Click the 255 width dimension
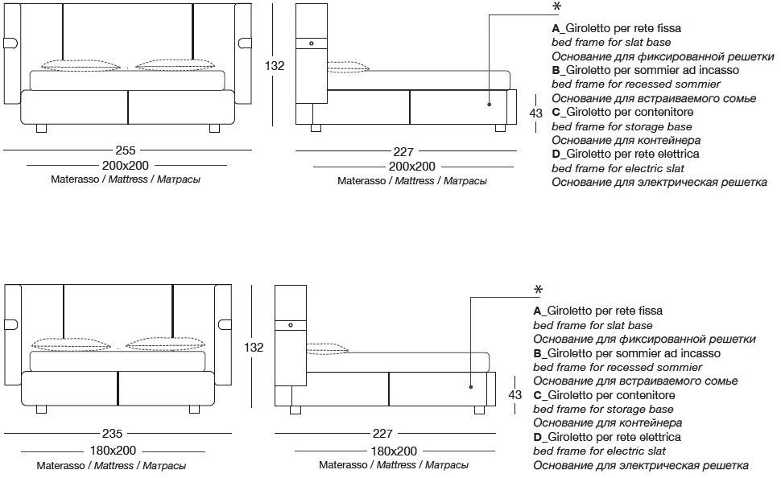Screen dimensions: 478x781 126,150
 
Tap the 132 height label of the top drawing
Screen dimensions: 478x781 275,66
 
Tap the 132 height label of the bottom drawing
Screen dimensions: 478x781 254,348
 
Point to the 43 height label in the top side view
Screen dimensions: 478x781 535,113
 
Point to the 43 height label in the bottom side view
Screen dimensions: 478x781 516,395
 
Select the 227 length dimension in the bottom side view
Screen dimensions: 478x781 383,435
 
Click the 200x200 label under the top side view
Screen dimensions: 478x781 412,167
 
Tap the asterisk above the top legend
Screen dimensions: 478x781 556,7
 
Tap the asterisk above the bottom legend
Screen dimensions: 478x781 538,290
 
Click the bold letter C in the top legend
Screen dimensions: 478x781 556,112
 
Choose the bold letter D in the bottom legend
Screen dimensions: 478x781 537,437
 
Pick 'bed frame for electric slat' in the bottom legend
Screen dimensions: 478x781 599,451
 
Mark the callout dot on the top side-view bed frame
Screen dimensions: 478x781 489,104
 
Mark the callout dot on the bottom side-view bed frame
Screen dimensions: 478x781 470,386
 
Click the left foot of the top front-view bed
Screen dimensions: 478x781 43,128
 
